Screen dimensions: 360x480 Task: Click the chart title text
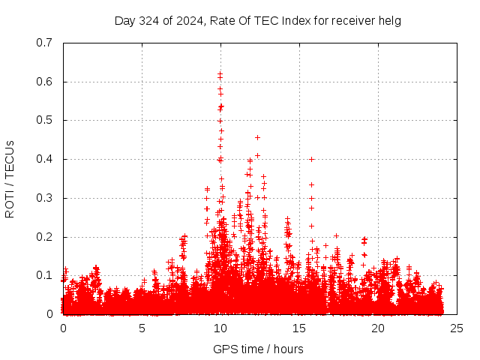tap(258, 20)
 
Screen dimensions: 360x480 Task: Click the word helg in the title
tap(389, 20)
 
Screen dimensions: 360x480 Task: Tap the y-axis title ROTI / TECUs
tap(10, 178)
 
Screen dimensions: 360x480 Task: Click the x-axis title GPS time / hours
tap(258, 349)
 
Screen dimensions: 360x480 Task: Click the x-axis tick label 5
tap(142, 328)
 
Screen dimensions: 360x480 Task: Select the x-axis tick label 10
tap(220, 328)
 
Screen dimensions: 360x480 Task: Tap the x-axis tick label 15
tap(299, 328)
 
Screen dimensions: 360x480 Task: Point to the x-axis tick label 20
tap(378, 328)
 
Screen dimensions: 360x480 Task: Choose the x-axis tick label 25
tap(457, 328)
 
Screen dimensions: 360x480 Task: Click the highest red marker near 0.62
tap(220, 74)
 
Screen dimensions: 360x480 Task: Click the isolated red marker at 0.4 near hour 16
tap(311, 159)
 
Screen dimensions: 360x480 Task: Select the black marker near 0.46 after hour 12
tap(257, 137)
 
